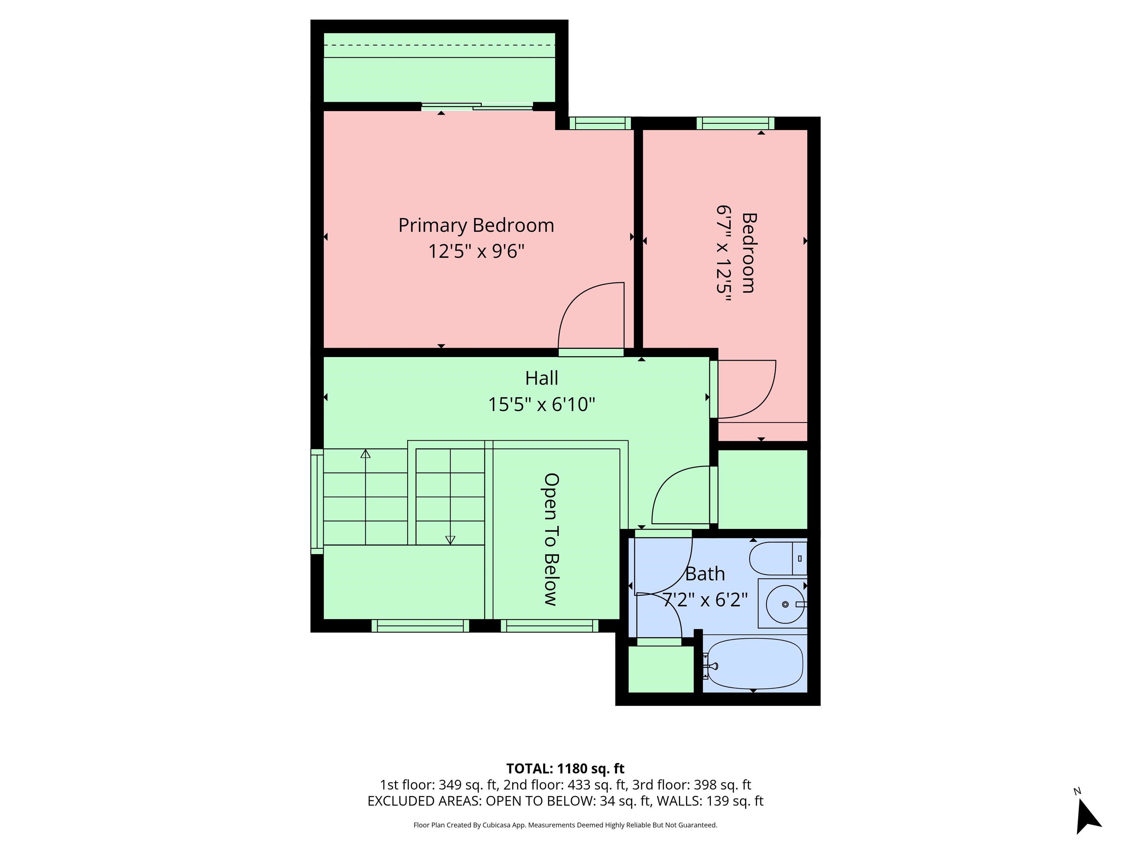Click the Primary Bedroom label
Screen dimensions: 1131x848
[476, 225]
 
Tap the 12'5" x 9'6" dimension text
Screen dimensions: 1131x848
[476, 251]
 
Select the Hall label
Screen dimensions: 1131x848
[542, 378]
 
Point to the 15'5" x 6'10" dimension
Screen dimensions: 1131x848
[542, 404]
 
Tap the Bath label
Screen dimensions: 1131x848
[705, 574]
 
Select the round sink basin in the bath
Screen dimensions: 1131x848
[785, 604]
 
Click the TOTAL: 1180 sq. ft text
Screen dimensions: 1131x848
[565, 768]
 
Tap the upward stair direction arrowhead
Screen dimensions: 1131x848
[365, 453]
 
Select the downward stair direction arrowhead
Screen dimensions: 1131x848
[450, 540]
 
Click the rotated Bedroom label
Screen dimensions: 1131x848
[748, 252]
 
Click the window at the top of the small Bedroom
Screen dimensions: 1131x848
[736, 123]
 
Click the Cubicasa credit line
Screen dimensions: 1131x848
[565, 825]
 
